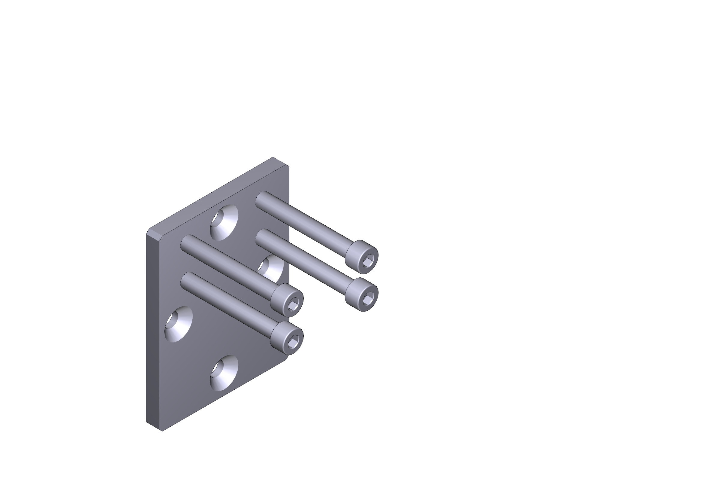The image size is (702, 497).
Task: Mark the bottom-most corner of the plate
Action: pyautogui.click(x=162, y=431)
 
